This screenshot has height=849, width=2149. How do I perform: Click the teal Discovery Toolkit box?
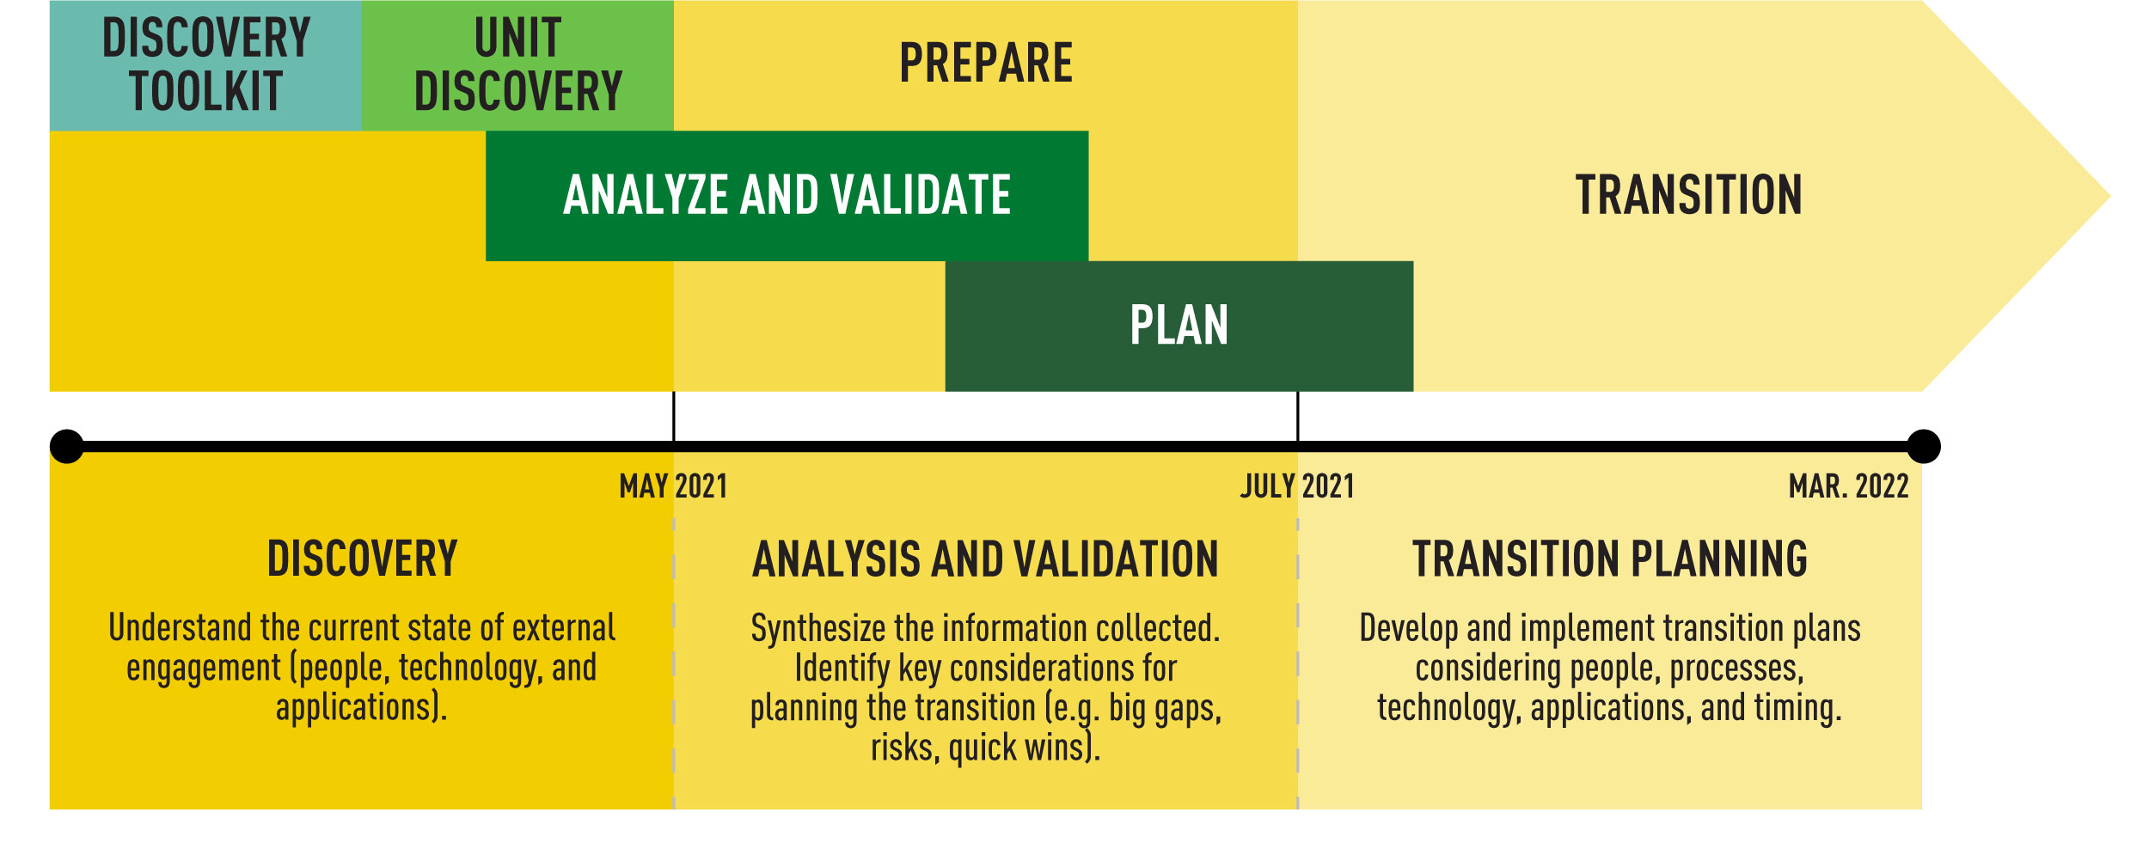coord(205,65)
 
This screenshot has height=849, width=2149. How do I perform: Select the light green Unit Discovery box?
coord(517,65)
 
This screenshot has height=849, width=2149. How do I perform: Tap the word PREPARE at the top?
coord(985,64)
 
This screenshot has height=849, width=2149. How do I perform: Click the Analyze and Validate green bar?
coord(787,195)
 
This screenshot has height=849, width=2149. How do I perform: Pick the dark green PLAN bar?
coord(1179,326)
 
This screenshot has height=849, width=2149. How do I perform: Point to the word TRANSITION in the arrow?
coord(1688,195)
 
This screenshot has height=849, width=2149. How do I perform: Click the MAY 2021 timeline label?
coord(673,486)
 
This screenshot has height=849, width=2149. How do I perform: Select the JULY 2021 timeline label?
coord(1297,486)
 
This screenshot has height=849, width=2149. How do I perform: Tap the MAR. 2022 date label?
coord(1848,486)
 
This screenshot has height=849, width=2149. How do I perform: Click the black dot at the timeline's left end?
coord(67,447)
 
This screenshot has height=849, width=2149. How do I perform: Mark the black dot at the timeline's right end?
coord(1924,447)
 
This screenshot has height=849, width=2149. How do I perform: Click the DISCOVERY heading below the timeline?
coord(362,559)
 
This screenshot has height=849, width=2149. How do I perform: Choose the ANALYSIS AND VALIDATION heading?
coord(985,559)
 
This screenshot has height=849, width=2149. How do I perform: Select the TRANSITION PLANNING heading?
coord(1609,559)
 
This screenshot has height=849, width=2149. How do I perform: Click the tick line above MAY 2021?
coord(674,417)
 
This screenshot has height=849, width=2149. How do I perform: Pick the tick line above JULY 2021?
coord(1298,417)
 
